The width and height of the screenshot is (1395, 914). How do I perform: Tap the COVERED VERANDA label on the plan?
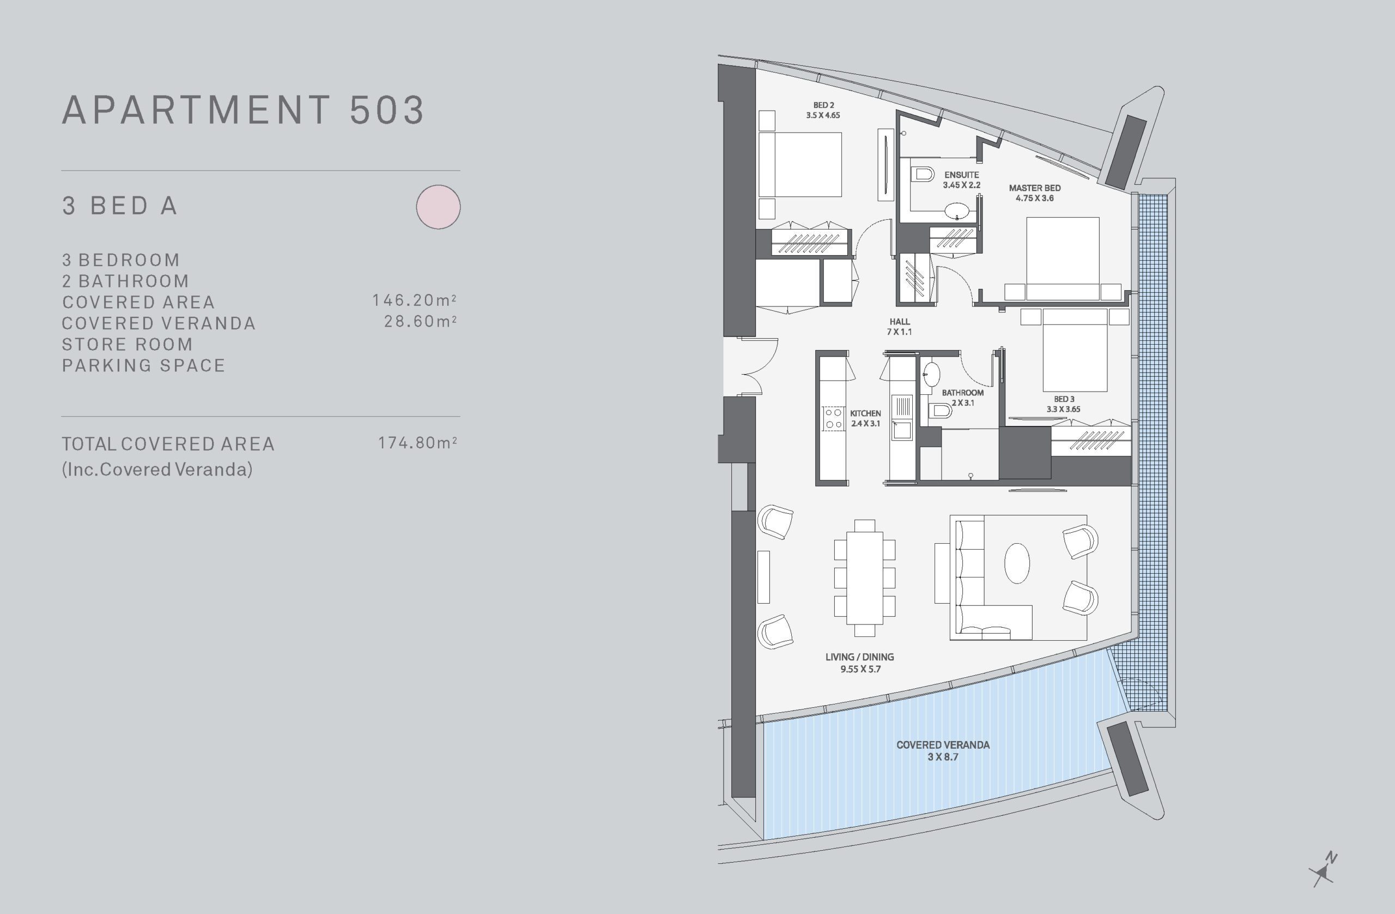tap(943, 745)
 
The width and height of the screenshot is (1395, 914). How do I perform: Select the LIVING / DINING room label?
tap(859, 657)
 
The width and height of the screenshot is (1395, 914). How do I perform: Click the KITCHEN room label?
tap(865, 413)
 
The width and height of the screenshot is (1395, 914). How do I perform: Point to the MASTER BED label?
tap(1034, 188)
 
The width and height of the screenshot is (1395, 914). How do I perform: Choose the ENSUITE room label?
tap(961, 175)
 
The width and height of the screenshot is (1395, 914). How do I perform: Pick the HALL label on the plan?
tap(899, 322)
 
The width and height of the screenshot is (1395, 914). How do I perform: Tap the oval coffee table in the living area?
tap(1017, 563)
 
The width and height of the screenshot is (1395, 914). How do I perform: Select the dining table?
tap(865, 578)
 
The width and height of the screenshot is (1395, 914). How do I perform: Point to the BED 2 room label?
tap(823, 106)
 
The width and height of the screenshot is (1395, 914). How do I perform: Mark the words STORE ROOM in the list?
tap(127, 344)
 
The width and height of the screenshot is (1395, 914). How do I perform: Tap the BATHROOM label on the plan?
tap(962, 393)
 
